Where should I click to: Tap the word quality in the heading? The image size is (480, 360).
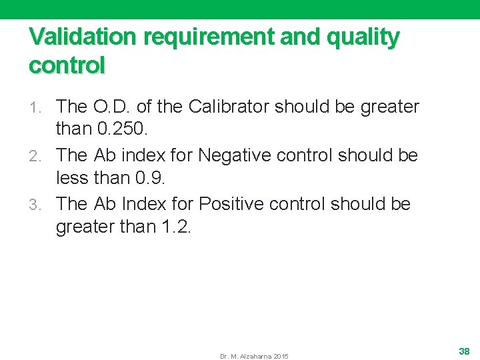click(x=366, y=37)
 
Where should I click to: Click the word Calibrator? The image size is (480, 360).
click(x=231, y=107)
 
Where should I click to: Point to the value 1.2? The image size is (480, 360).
click(x=176, y=227)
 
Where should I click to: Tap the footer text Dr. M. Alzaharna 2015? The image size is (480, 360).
click(x=254, y=357)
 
